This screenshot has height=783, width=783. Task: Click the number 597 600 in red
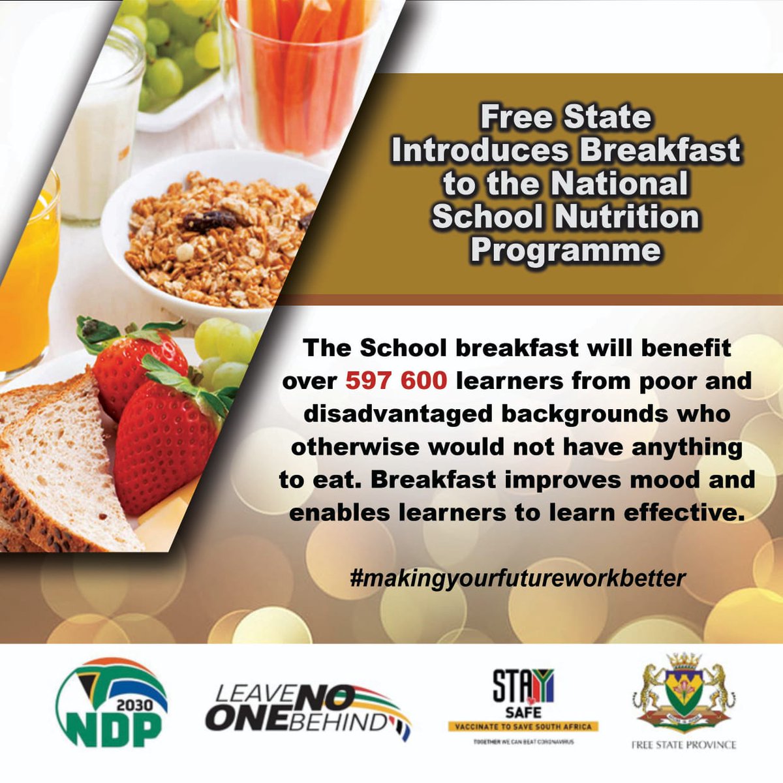click(395, 381)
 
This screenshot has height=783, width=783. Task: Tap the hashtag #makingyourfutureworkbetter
click(517, 578)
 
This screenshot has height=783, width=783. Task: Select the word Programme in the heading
click(566, 250)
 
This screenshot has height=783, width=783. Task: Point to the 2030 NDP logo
click(111, 702)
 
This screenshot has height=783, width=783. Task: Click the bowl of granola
click(215, 235)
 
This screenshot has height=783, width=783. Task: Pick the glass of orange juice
click(26, 274)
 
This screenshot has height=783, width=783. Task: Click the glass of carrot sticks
click(300, 72)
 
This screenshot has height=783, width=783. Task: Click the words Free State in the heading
click(566, 117)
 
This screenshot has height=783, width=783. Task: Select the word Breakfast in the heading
click(660, 150)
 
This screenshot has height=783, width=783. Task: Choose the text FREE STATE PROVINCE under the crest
click(683, 745)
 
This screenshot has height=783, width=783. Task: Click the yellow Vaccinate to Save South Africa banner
click(523, 726)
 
